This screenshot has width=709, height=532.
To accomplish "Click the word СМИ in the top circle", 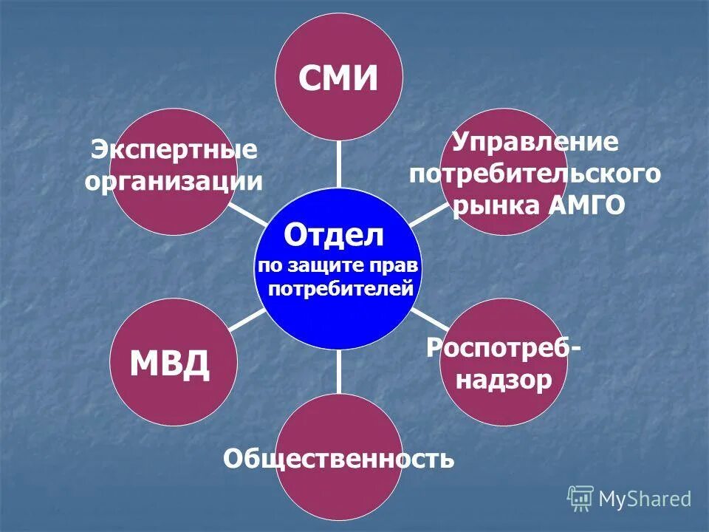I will coord(338,78).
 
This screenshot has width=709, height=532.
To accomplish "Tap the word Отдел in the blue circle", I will coord(335,236).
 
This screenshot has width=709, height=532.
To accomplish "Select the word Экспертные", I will coord(174,150).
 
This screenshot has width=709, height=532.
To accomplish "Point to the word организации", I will coord(174,181).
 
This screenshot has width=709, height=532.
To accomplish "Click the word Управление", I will coord(535,141).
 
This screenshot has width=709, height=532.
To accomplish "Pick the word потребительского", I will coord(535,175).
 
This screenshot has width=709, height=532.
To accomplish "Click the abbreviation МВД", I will coord(170,364).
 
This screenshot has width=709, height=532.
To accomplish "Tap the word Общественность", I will coord(339,460).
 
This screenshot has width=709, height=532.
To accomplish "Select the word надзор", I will coord(504,380).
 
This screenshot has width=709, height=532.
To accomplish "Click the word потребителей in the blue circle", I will coord(340,288).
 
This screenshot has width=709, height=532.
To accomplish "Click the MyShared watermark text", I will coord(645,499).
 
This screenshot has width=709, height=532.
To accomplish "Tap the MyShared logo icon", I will coord(580,499).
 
